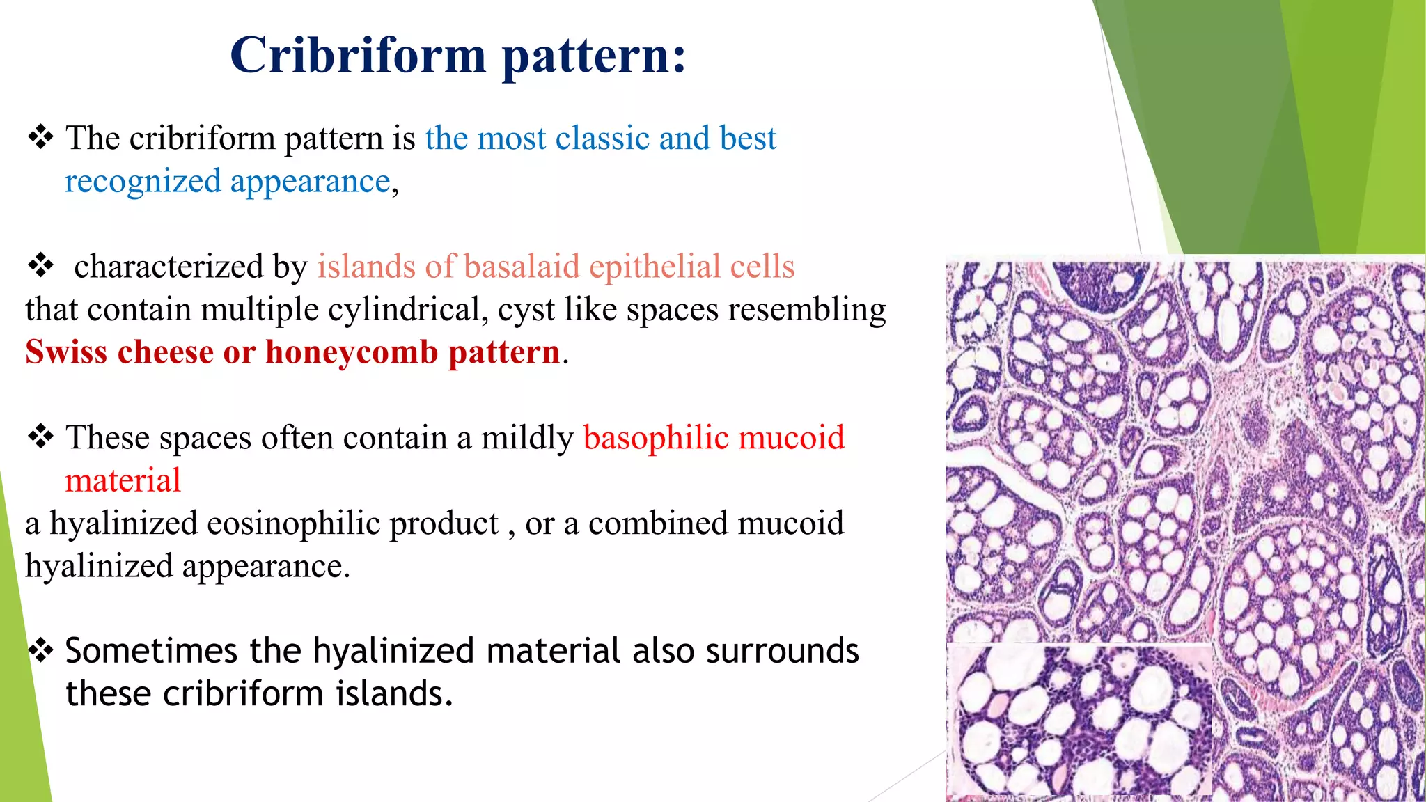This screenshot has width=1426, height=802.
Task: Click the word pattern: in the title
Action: (x=594, y=56)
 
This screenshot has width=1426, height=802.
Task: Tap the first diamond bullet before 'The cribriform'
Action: (x=40, y=137)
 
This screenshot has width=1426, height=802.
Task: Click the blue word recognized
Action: (x=143, y=182)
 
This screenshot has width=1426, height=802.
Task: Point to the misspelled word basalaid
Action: (x=522, y=267)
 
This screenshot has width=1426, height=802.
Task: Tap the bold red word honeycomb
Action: (x=352, y=353)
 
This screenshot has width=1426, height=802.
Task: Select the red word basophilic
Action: (x=656, y=438)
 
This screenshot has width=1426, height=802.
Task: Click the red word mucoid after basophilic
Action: (x=791, y=438)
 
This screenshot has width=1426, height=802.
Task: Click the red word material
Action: (x=123, y=481)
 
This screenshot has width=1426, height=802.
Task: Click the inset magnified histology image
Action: (x=1079, y=721)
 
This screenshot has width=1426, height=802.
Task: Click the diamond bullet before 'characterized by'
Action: (x=40, y=266)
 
